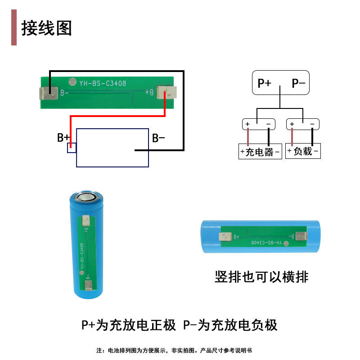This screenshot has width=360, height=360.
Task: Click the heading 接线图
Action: click(47, 28)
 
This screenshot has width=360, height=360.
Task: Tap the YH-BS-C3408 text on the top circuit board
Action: click(103, 84)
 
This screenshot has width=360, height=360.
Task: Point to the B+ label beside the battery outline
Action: click(63, 138)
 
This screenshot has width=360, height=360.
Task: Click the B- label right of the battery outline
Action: click(158, 138)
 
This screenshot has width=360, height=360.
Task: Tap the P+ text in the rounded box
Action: click(264, 83)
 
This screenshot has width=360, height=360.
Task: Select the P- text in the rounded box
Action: click(298, 83)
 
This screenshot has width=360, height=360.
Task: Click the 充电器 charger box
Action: click(260, 152)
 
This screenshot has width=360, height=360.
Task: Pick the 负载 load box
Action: click(303, 151)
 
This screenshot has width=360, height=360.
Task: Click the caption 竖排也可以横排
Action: click(261, 277)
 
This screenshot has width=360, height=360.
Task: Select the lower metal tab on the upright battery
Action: click(89, 283)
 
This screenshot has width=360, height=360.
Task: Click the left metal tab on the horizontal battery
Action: click(225, 237)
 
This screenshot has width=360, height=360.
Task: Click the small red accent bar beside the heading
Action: click(14, 28)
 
